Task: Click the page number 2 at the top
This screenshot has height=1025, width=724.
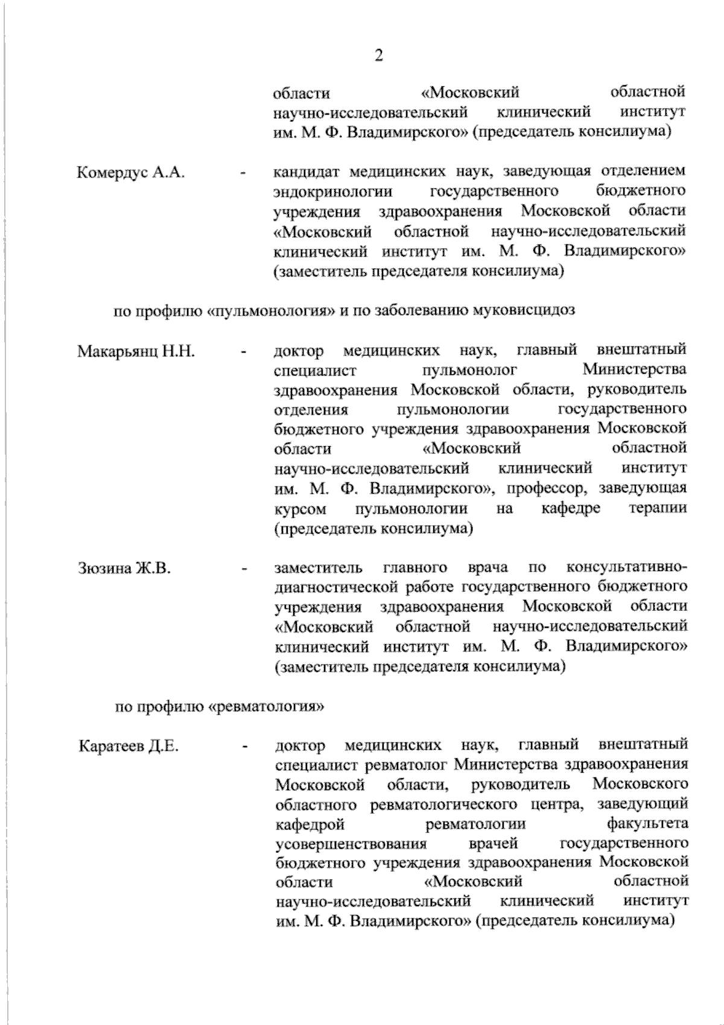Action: coord(379,56)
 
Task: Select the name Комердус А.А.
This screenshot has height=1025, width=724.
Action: coord(131,173)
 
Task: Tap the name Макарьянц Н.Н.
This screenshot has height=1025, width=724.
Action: coord(136,352)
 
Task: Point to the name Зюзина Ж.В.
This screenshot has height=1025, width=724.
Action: coord(125,569)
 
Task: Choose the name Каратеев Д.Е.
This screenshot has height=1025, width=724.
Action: coord(129,747)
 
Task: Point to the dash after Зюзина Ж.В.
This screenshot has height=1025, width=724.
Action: coord(244,569)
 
